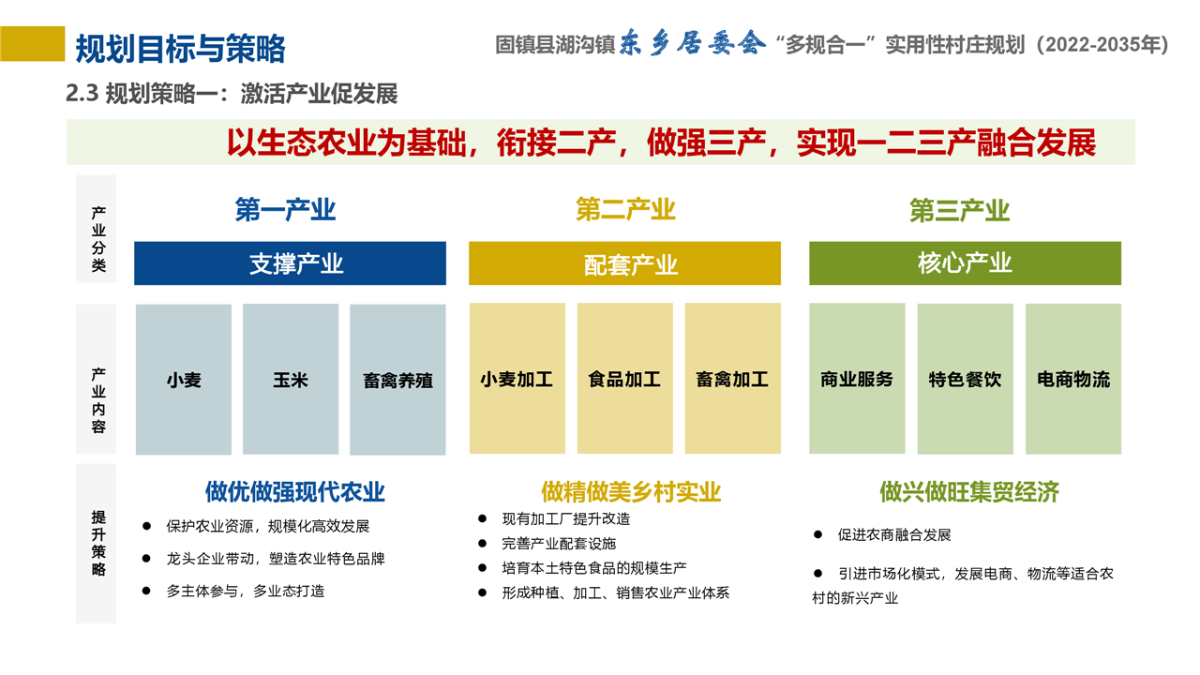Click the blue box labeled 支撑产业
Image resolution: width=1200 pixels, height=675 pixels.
pyautogui.click(x=290, y=263)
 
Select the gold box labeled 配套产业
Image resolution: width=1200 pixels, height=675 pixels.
pyautogui.click(x=624, y=263)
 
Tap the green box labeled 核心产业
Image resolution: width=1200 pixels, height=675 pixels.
pyautogui.click(x=965, y=263)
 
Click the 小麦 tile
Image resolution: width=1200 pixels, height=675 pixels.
pyautogui.click(x=183, y=380)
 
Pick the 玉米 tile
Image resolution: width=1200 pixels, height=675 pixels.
pyautogui.click(x=291, y=380)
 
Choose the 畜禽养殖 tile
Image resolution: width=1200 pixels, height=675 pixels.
pyautogui.click(x=397, y=380)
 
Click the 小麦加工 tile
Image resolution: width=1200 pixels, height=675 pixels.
pyautogui.click(x=517, y=378)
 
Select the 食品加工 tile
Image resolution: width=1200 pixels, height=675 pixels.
pyautogui.click(x=624, y=378)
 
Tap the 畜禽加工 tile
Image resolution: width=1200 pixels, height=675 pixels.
pyautogui.click(x=733, y=378)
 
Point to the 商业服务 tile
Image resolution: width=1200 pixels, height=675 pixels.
pyautogui.click(x=857, y=378)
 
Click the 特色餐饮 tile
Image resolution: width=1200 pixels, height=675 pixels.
pyautogui.click(x=966, y=379)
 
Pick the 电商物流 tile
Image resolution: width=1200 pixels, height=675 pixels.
pyautogui.click(x=1073, y=379)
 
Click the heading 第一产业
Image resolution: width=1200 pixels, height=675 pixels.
pyautogui.click(x=285, y=209)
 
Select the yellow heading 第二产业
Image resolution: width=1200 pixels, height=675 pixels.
pyautogui.click(x=625, y=209)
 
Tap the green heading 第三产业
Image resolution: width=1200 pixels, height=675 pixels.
pyautogui.click(x=959, y=210)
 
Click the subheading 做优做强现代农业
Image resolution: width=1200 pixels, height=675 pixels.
pyautogui.click(x=295, y=492)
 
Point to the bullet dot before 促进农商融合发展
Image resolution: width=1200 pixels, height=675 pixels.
pyautogui.click(x=817, y=534)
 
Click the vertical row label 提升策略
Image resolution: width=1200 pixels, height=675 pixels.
pyautogui.click(x=98, y=543)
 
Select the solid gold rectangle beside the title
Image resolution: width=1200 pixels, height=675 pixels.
pyautogui.click(x=32, y=44)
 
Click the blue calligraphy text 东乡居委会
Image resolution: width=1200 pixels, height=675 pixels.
pyautogui.click(x=692, y=43)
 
